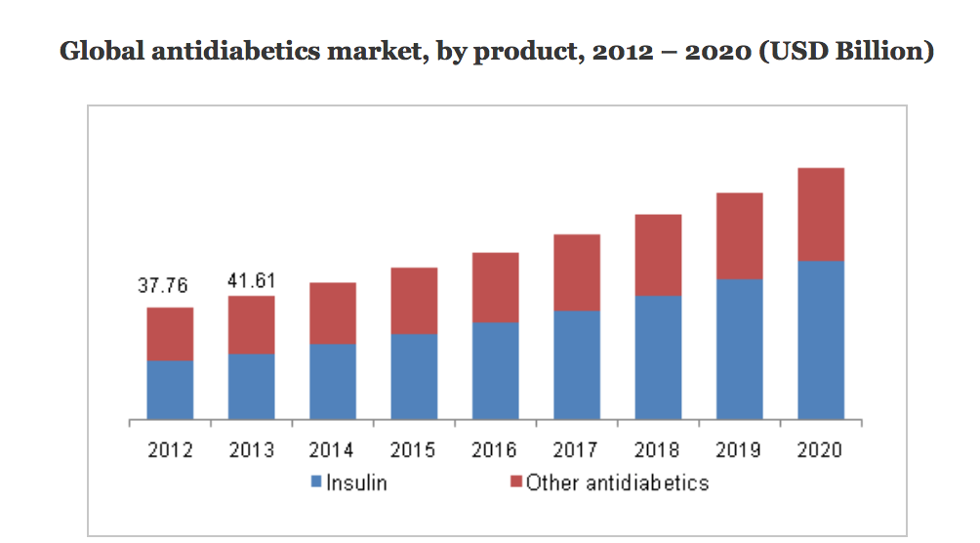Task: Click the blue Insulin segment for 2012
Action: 170,391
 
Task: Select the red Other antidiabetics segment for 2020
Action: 821,214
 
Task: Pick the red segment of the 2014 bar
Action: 333,313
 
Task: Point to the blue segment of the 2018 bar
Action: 659,357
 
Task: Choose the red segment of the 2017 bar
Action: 577,272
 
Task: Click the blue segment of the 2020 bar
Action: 821,340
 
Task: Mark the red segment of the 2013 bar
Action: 252,324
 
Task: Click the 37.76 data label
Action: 163,287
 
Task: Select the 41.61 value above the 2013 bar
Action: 251,281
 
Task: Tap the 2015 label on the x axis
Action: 414,451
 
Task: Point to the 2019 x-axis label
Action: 739,451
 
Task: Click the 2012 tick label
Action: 170,451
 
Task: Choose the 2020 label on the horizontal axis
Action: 821,451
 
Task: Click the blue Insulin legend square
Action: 316,482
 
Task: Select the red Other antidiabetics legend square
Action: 516,482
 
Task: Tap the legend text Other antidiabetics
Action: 617,482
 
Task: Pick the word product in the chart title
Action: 515,53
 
